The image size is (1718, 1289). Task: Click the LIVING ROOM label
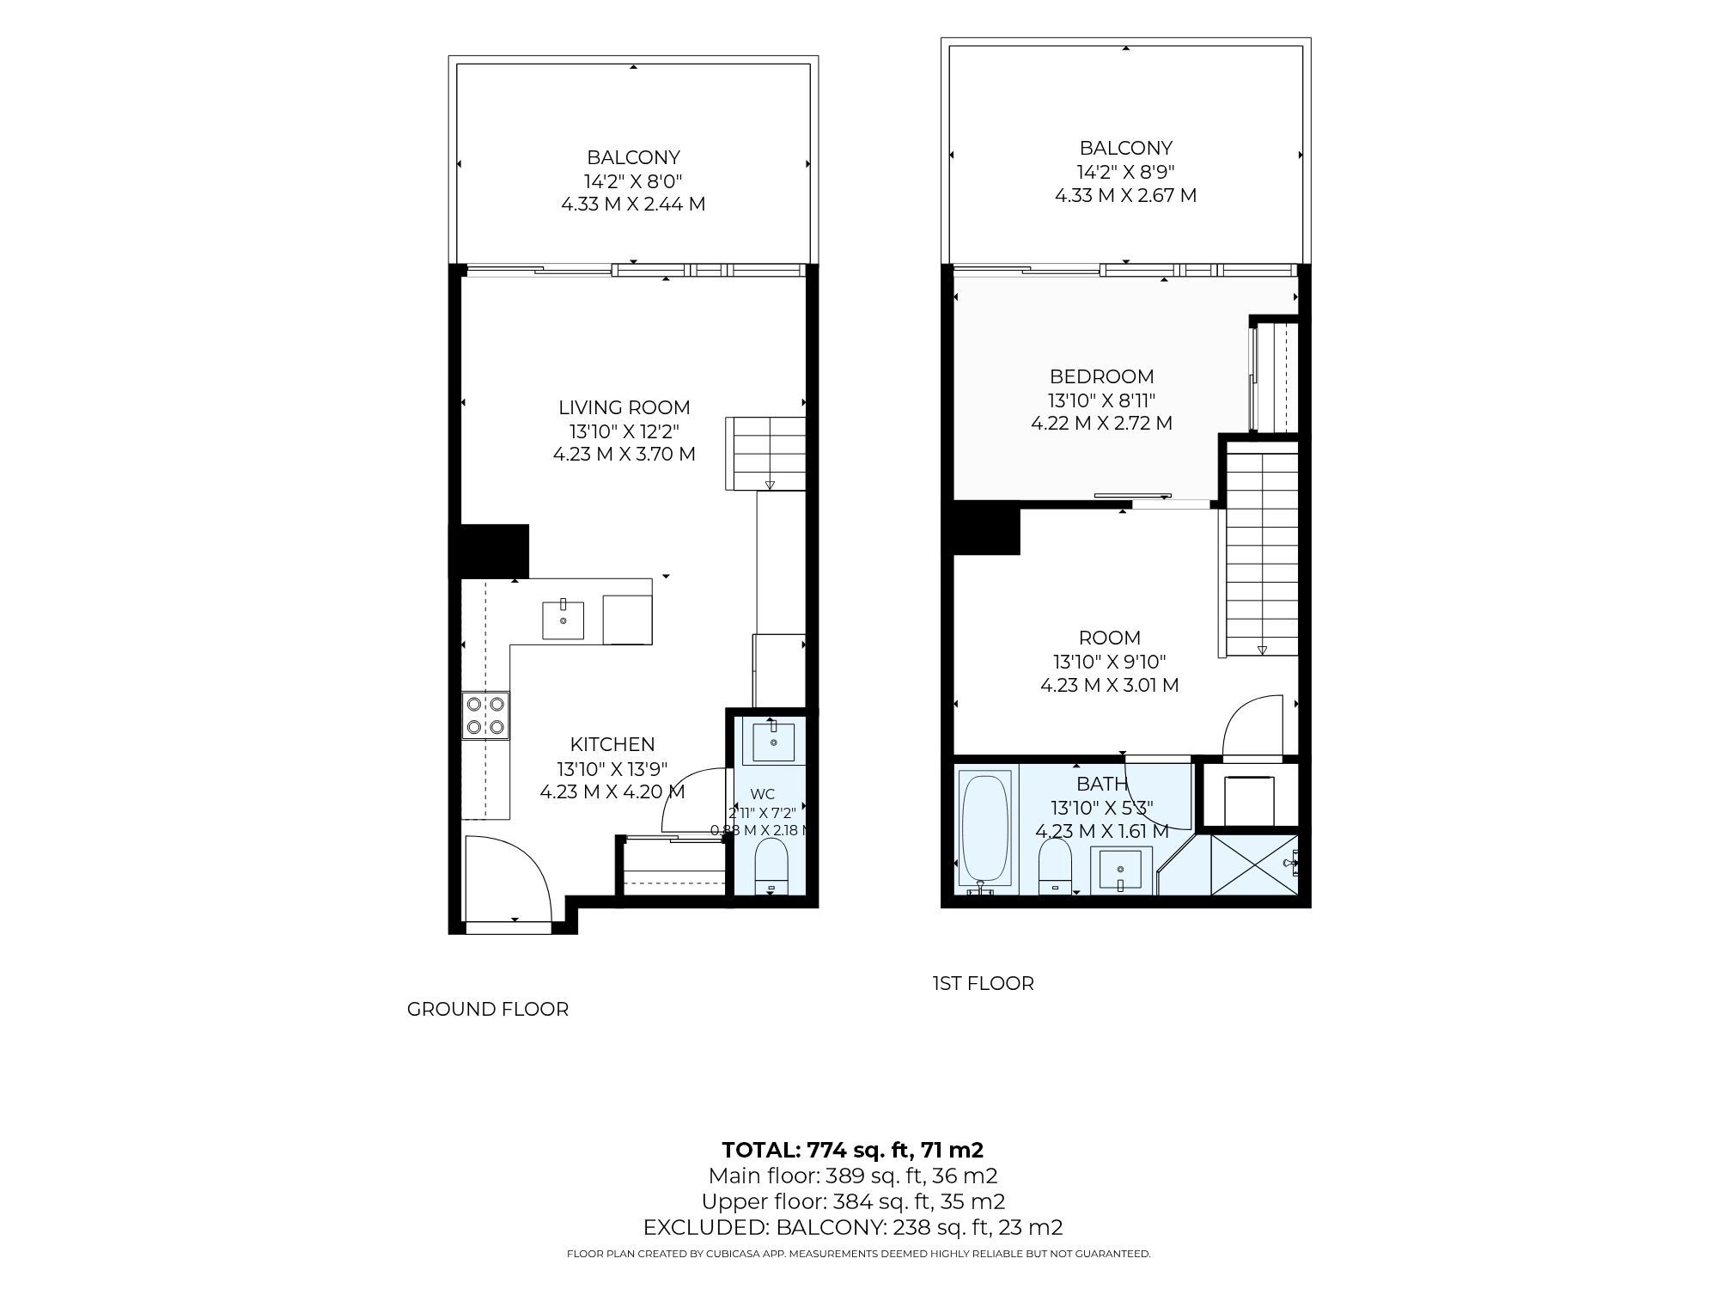tap(624, 407)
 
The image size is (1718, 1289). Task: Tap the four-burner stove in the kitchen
tap(485, 716)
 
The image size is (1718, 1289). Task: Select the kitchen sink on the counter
tap(564, 620)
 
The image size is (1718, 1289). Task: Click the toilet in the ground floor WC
tap(771, 866)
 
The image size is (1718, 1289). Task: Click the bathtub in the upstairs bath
tap(985, 829)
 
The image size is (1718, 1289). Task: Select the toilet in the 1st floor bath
tap(1055, 867)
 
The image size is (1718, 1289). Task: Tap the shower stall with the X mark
tap(1254, 865)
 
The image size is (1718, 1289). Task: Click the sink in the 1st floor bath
tap(1120, 871)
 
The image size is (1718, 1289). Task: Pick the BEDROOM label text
tap(1102, 376)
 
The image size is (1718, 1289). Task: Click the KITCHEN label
tap(612, 744)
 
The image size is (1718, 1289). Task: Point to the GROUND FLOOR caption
tap(488, 1009)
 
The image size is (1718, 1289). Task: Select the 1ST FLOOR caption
tap(984, 983)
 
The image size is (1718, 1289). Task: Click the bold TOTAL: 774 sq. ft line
tap(853, 1150)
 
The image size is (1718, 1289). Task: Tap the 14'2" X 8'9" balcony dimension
tap(1126, 171)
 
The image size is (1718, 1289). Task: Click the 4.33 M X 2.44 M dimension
tap(633, 205)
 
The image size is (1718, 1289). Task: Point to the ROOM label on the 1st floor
tap(1110, 638)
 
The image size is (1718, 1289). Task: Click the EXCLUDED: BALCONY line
tap(853, 1227)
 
